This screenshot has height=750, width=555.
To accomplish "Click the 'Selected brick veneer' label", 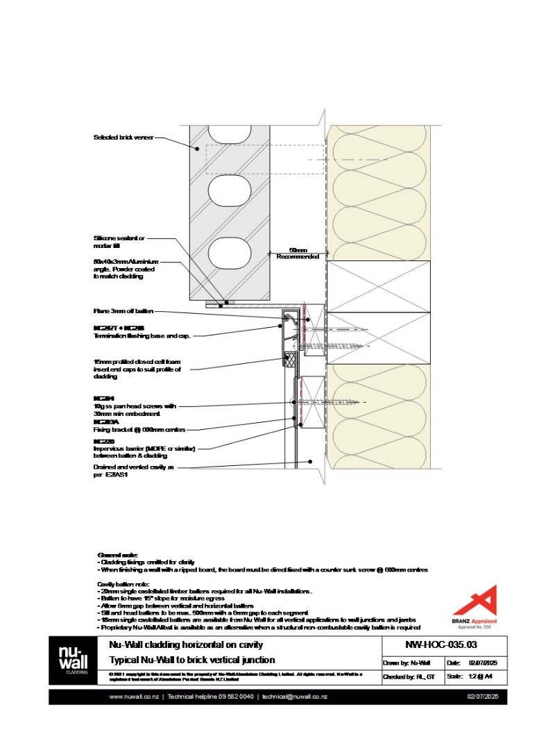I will [x=123, y=137].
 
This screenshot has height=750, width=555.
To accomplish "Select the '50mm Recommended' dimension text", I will [x=298, y=253].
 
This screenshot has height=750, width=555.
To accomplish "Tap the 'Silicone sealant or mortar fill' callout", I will [x=119, y=242].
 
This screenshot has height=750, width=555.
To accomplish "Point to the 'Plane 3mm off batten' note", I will [x=123, y=311].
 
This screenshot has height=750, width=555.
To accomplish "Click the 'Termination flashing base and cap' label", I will [x=142, y=335].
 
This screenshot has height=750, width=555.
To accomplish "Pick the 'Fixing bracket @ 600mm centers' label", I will [x=139, y=429].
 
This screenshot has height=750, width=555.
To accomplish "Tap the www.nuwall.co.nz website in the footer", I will [x=134, y=697].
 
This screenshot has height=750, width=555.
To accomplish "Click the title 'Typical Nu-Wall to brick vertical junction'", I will [x=192, y=660].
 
